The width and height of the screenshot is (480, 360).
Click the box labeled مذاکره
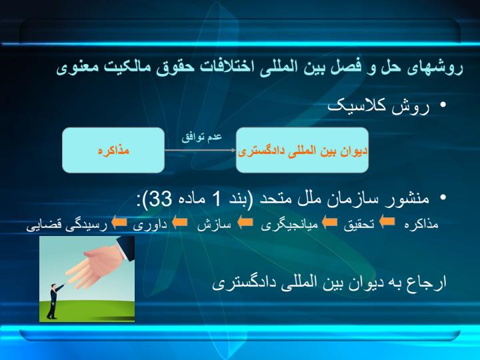(x=113, y=150)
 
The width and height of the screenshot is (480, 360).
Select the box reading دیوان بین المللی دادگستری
(x=302, y=150)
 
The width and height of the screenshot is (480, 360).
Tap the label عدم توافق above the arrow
(x=201, y=137)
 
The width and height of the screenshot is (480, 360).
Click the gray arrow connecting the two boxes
(x=200, y=150)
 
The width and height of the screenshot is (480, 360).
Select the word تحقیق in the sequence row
(x=359, y=225)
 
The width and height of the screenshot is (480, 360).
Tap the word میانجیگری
(x=289, y=225)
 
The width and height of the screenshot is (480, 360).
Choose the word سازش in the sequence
(x=214, y=225)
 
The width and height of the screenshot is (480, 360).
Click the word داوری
(x=150, y=225)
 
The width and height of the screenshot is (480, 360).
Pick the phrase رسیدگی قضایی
(x=67, y=225)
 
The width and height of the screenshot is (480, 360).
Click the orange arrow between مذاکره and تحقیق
(x=387, y=221)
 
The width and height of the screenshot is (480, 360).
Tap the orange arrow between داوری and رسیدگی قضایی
(x=119, y=222)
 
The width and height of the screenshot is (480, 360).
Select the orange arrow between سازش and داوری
(x=180, y=222)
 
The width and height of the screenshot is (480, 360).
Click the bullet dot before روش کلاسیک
(x=443, y=105)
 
